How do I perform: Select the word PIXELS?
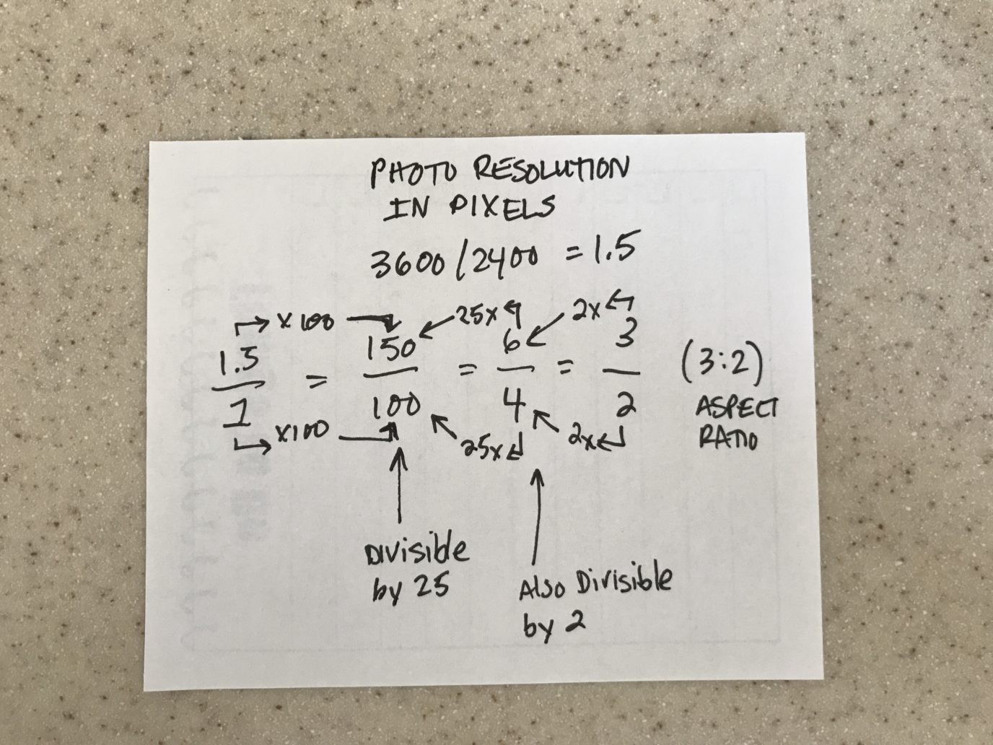coord(502,208)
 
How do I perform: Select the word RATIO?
coord(727,437)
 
